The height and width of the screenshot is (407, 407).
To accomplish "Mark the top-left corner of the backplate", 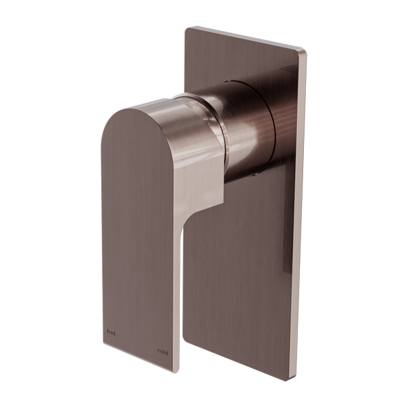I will click(x=186, y=30).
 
